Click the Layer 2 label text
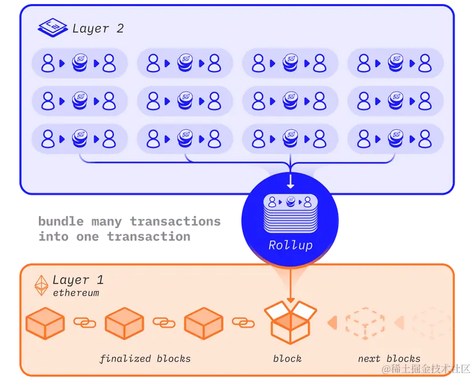[98, 28]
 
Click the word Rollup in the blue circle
[291, 245]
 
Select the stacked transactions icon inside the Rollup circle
[291, 214]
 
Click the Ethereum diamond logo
[42, 286]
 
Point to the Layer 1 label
[78, 279]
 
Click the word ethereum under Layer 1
[76, 293]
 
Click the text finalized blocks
[145, 359]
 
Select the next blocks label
[389, 359]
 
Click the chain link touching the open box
[243, 322]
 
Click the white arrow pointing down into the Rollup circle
[291, 181]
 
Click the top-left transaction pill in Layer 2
[80, 63]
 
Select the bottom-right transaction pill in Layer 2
[395, 138]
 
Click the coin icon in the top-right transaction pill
[395, 63]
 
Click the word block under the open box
[287, 359]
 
